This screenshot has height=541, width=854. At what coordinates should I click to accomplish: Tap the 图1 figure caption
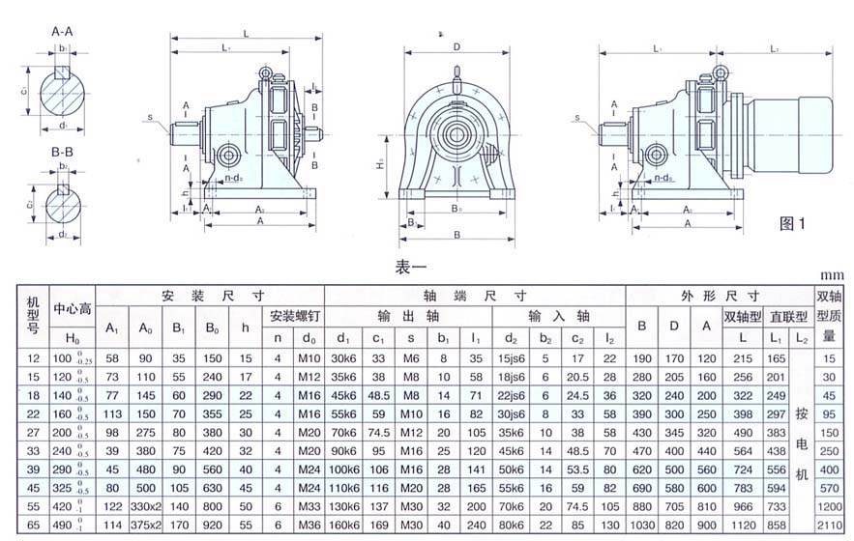(x=793, y=223)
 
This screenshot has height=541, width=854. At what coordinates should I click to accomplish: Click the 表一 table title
(x=411, y=265)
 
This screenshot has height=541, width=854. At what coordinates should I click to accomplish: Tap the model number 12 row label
(x=31, y=358)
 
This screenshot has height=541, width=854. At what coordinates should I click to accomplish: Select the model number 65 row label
(x=31, y=526)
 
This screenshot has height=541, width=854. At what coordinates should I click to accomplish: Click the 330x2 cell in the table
(x=146, y=507)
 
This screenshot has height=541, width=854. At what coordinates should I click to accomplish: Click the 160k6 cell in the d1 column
(x=344, y=526)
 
